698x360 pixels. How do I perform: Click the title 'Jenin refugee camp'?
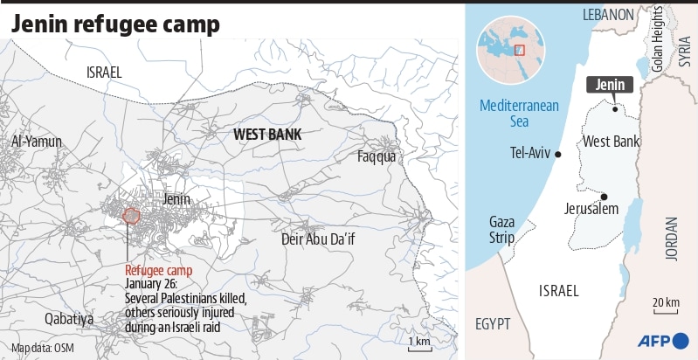click(x=114, y=24)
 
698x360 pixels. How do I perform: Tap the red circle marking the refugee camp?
click(x=132, y=216)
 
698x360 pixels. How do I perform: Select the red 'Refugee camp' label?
click(x=159, y=270)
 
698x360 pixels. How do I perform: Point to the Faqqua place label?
click(x=377, y=156)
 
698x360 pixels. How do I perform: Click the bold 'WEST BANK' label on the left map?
click(x=266, y=135)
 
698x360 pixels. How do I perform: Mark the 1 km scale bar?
click(x=419, y=345)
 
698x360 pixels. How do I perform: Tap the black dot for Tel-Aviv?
click(x=558, y=154)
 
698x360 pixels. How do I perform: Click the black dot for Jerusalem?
click(x=604, y=197)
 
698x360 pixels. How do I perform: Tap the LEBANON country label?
click(x=608, y=15)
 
